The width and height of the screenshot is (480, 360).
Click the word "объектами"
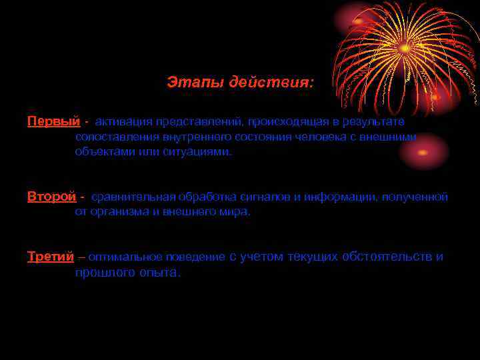pos(101,151)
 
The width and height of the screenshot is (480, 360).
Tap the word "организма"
pos(116,212)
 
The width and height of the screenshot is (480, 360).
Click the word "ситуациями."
pos(200,151)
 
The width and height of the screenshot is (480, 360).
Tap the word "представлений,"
pos(199,122)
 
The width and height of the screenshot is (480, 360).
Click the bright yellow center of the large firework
pos(405,48)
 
